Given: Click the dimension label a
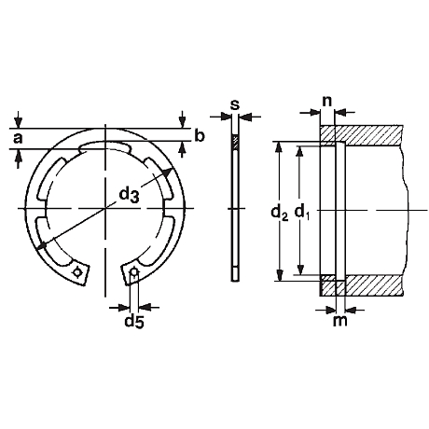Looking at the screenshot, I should (x=17, y=138).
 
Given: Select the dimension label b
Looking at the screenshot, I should (x=198, y=137).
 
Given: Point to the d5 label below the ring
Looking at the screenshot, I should (x=135, y=323).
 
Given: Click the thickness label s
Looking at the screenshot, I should (x=234, y=103).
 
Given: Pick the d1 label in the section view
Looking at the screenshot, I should (x=301, y=213).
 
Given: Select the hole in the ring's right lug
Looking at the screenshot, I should (x=135, y=273).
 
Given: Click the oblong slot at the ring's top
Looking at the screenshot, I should (x=107, y=145).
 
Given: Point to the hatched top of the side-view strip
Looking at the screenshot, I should (x=235, y=143).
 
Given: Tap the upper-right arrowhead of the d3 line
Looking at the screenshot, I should (x=166, y=173).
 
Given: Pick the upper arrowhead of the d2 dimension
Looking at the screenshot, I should (x=278, y=146).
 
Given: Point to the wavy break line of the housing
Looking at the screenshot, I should (x=404, y=210).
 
